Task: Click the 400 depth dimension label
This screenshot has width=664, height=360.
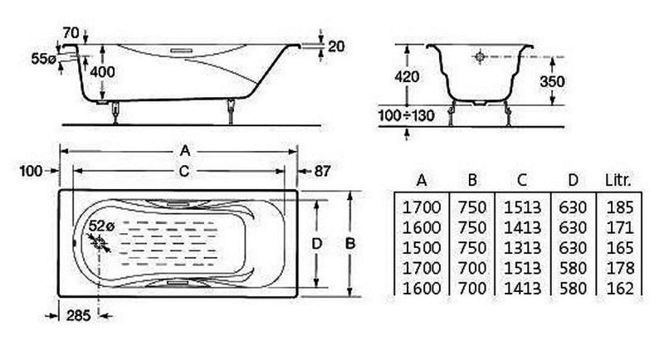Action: click(x=102, y=72)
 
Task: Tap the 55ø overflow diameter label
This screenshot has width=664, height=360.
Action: click(x=44, y=59)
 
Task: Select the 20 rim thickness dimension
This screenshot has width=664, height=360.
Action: click(x=336, y=46)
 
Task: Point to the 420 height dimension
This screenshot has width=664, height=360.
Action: click(x=407, y=76)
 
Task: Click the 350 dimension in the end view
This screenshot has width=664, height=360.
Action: click(x=552, y=81)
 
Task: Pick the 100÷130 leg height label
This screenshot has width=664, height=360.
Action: click(x=407, y=115)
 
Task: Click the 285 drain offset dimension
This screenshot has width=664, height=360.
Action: click(x=78, y=315)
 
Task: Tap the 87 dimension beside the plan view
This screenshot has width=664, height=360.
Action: click(x=322, y=171)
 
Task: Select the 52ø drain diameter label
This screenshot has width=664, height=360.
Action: click(x=101, y=226)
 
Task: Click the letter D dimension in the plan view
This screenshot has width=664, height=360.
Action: click(x=317, y=243)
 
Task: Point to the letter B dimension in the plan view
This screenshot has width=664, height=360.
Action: click(x=349, y=244)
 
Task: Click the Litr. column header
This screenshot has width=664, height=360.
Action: click(x=618, y=180)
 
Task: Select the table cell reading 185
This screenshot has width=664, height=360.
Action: click(x=620, y=207)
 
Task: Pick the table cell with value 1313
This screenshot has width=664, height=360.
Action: click(x=523, y=248)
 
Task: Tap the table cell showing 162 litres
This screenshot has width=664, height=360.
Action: click(x=620, y=288)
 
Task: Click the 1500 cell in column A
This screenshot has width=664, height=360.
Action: click(x=422, y=248)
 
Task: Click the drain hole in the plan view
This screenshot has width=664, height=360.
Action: click(x=99, y=242)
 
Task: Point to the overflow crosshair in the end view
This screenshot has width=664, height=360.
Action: click(x=480, y=56)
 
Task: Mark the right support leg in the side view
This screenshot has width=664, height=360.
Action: click(x=231, y=111)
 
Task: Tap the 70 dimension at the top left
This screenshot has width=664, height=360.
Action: click(x=71, y=32)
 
